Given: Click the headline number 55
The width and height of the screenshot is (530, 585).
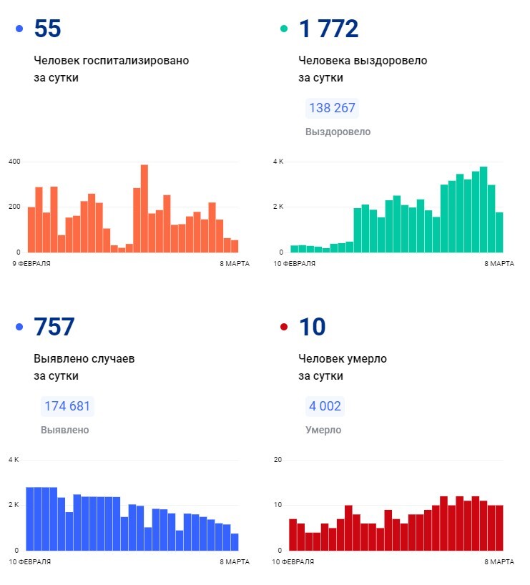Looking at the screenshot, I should coord(47,29).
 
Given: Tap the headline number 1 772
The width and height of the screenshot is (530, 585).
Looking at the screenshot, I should coord(328,29).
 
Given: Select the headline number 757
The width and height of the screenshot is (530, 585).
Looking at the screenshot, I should coord(54,327).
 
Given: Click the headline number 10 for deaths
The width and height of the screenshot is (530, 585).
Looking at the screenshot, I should coord(312,327).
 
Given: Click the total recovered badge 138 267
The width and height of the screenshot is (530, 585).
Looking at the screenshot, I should coord(332,109).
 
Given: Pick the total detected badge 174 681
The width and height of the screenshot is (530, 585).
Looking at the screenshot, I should coord(67,406).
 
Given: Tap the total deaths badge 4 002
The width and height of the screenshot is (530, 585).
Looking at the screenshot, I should coord(325,406).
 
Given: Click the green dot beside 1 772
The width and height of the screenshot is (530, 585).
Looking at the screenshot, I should coord(284,29).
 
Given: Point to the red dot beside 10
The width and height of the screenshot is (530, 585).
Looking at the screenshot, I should coord(284,328).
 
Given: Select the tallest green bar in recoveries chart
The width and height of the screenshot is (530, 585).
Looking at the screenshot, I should coord(484,210).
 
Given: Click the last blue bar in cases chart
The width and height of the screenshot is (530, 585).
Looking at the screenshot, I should coord(235,542).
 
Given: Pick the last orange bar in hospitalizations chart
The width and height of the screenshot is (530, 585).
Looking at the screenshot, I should coord(235,246).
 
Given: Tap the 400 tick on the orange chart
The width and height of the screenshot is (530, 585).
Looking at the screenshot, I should coord(14,162).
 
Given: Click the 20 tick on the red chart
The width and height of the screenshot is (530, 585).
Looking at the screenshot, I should coord(279,459).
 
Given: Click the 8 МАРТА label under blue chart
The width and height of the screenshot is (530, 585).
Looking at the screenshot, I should coord(235,562).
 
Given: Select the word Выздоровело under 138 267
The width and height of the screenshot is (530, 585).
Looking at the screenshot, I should coord(338,132).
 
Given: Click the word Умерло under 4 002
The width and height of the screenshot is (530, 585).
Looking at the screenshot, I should coord(323,431).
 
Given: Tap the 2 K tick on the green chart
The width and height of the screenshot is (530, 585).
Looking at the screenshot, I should coord(278,207).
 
